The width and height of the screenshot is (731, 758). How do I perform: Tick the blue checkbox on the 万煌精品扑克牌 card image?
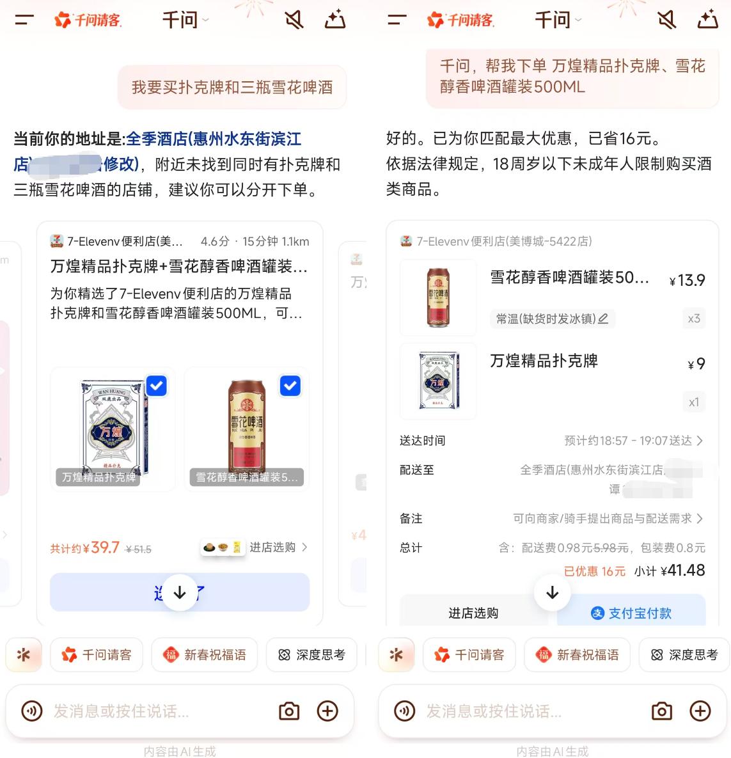point(157,386)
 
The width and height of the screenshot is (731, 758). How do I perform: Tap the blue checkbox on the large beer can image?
point(290,386)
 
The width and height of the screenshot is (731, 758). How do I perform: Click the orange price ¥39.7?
point(104,548)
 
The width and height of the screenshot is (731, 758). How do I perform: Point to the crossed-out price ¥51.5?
point(139,549)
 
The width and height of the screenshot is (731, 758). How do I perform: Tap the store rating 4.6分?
point(215,241)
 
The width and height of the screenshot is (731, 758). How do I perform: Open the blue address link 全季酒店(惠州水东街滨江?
point(214,139)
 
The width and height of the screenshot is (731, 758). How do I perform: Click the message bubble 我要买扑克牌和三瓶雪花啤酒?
point(232,87)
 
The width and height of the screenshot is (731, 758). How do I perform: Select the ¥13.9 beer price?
point(688,280)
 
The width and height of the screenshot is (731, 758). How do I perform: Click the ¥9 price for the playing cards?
point(696,364)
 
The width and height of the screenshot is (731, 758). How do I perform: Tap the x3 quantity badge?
point(694,319)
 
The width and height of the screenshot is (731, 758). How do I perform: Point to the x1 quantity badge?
point(694,402)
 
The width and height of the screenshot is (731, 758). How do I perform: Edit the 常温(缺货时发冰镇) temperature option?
point(552,319)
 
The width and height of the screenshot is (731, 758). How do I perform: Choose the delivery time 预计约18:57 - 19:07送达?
point(633,441)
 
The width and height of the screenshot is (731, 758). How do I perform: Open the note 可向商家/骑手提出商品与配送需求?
point(608,519)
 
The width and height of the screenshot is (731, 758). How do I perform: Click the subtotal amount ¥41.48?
point(683,571)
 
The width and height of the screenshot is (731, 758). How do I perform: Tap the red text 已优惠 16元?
point(595,571)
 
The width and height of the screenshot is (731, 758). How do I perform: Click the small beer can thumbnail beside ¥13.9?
point(438,297)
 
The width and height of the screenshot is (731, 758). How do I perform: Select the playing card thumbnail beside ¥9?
point(438,381)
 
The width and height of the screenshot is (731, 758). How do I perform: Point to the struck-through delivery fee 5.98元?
point(611,548)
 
